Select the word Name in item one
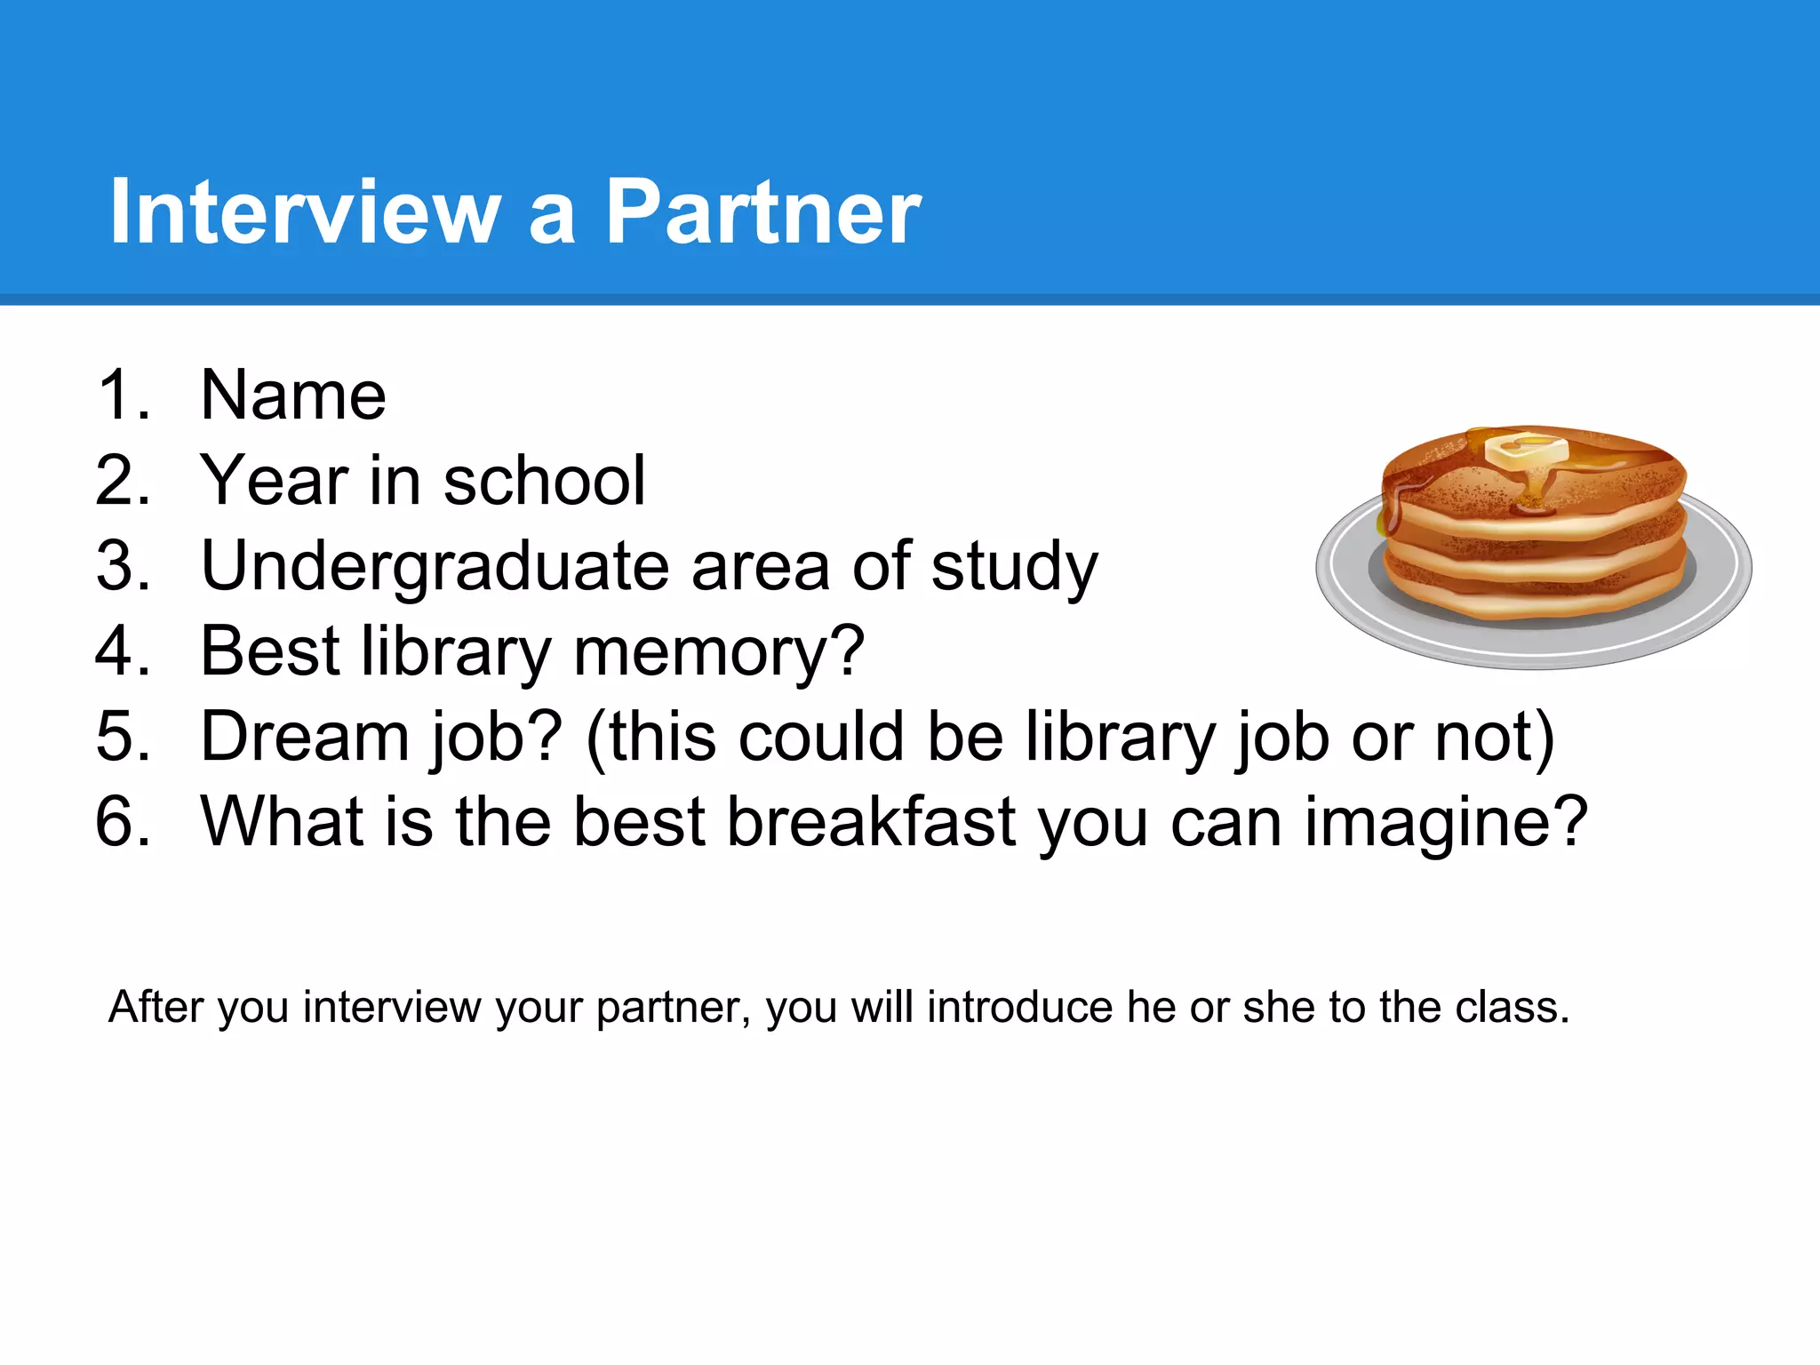(x=293, y=395)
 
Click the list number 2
(x=123, y=481)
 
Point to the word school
(x=544, y=481)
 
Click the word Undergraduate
(x=435, y=566)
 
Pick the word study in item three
(x=1014, y=566)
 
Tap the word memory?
(x=719, y=651)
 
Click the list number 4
(x=123, y=651)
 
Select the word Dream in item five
(x=305, y=737)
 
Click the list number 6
(x=123, y=822)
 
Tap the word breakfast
(x=871, y=822)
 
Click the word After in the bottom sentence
(x=156, y=1008)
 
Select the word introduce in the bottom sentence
(x=1020, y=1008)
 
